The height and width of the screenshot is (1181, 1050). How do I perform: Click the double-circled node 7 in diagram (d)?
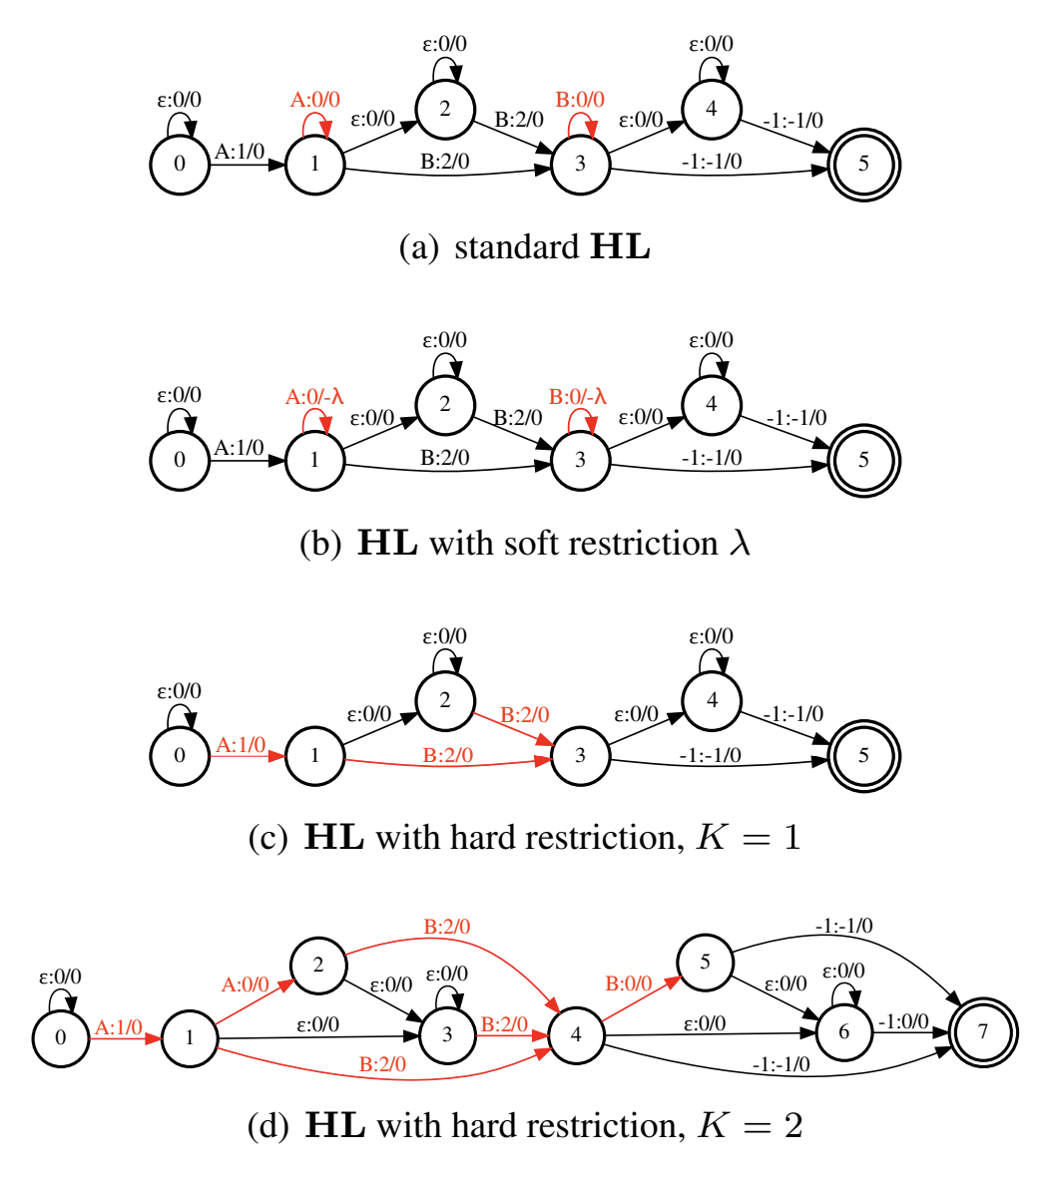[983, 1031]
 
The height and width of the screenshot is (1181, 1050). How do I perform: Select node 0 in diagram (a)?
[180, 163]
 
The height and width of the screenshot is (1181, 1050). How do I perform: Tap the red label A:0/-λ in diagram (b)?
[314, 396]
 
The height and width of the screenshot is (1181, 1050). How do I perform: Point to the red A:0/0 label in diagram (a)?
[314, 99]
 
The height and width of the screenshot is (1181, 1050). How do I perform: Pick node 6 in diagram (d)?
[844, 1031]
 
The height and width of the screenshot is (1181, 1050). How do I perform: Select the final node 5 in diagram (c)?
[863, 755]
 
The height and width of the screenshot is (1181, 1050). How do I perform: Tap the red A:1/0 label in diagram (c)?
[241, 744]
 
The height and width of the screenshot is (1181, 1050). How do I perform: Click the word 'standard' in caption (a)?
[514, 247]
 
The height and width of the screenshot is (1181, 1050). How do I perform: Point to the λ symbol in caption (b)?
[738, 545]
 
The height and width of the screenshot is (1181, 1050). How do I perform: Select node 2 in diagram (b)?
[445, 405]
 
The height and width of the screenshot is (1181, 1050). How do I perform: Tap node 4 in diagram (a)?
[712, 109]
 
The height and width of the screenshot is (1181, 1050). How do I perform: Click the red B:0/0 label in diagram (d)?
[628, 984]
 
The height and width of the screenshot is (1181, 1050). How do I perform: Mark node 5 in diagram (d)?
[706, 963]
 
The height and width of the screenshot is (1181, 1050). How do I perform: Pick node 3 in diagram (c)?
[580, 755]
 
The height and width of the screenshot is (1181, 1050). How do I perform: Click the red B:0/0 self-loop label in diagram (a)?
[580, 99]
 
